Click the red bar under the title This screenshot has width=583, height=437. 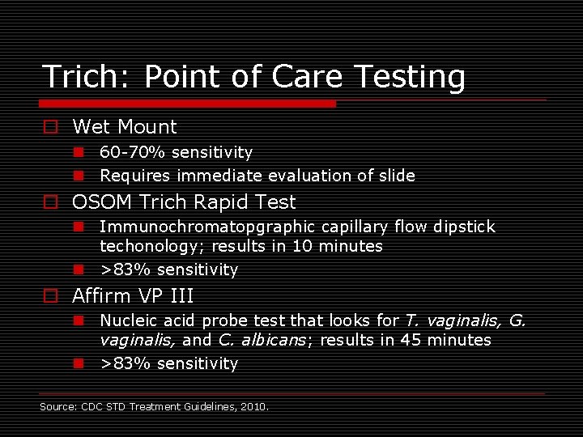click(188, 104)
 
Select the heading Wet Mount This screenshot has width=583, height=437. click(124, 127)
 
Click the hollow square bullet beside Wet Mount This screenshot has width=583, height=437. click(50, 127)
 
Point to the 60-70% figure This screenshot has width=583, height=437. click(125, 152)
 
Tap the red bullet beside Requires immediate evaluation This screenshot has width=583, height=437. click(79, 176)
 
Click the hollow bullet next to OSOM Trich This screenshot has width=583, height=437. click(50, 202)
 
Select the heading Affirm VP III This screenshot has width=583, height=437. click(133, 296)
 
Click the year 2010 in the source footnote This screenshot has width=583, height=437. click(254, 406)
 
